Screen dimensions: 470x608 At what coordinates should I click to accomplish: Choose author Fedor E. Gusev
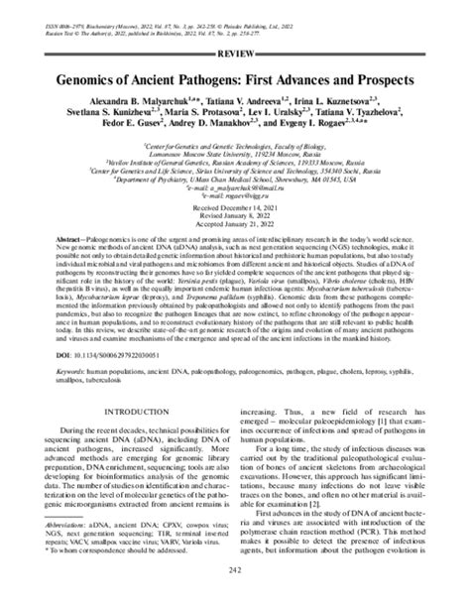114,127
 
